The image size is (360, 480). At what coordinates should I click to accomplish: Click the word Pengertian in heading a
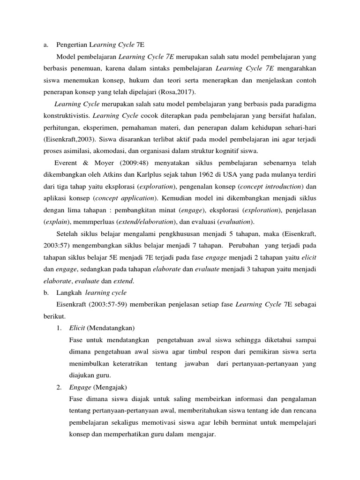[70, 45]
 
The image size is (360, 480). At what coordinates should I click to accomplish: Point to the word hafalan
[303, 115]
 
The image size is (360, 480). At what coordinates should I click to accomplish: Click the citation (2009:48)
[128, 163]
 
